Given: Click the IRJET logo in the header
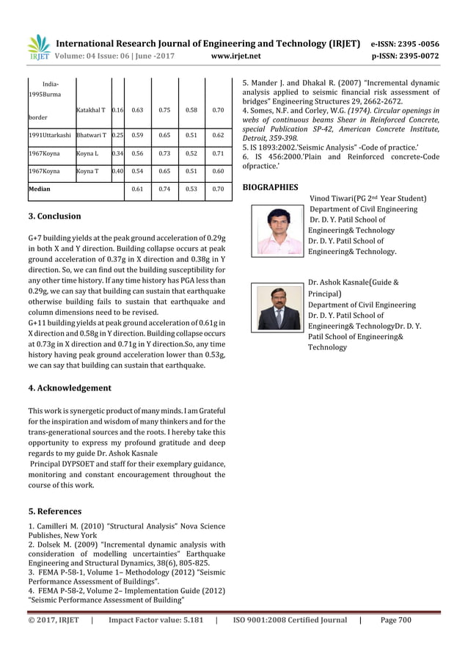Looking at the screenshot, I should coord(39,47).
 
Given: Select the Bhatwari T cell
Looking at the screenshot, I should coord(92,136).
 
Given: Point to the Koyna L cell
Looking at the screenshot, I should coord(87,153).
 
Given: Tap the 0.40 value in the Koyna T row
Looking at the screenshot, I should coord(117,171).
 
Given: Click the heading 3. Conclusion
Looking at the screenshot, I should coord(54,217).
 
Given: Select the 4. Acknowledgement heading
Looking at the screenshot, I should coord(69,388).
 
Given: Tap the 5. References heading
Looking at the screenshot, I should coord(54,511).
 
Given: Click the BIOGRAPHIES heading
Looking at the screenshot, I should coord(270,188).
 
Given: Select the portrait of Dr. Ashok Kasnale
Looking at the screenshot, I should coord(279,308).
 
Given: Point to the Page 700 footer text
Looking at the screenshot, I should coord(395,620).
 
